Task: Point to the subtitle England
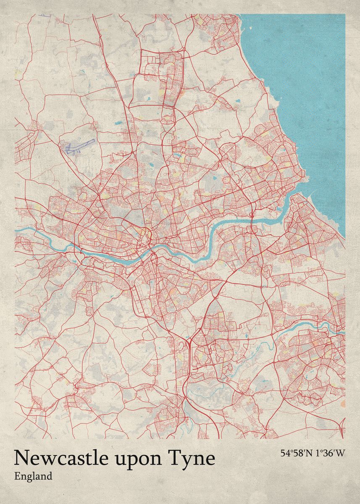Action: pyautogui.click(x=33, y=476)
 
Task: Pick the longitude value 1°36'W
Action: pyautogui.click(x=330, y=453)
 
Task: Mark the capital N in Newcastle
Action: pyautogui.click(x=21, y=458)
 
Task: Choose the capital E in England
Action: pyautogui.click(x=17, y=476)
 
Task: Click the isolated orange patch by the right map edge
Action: pyautogui.click(x=342, y=403)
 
